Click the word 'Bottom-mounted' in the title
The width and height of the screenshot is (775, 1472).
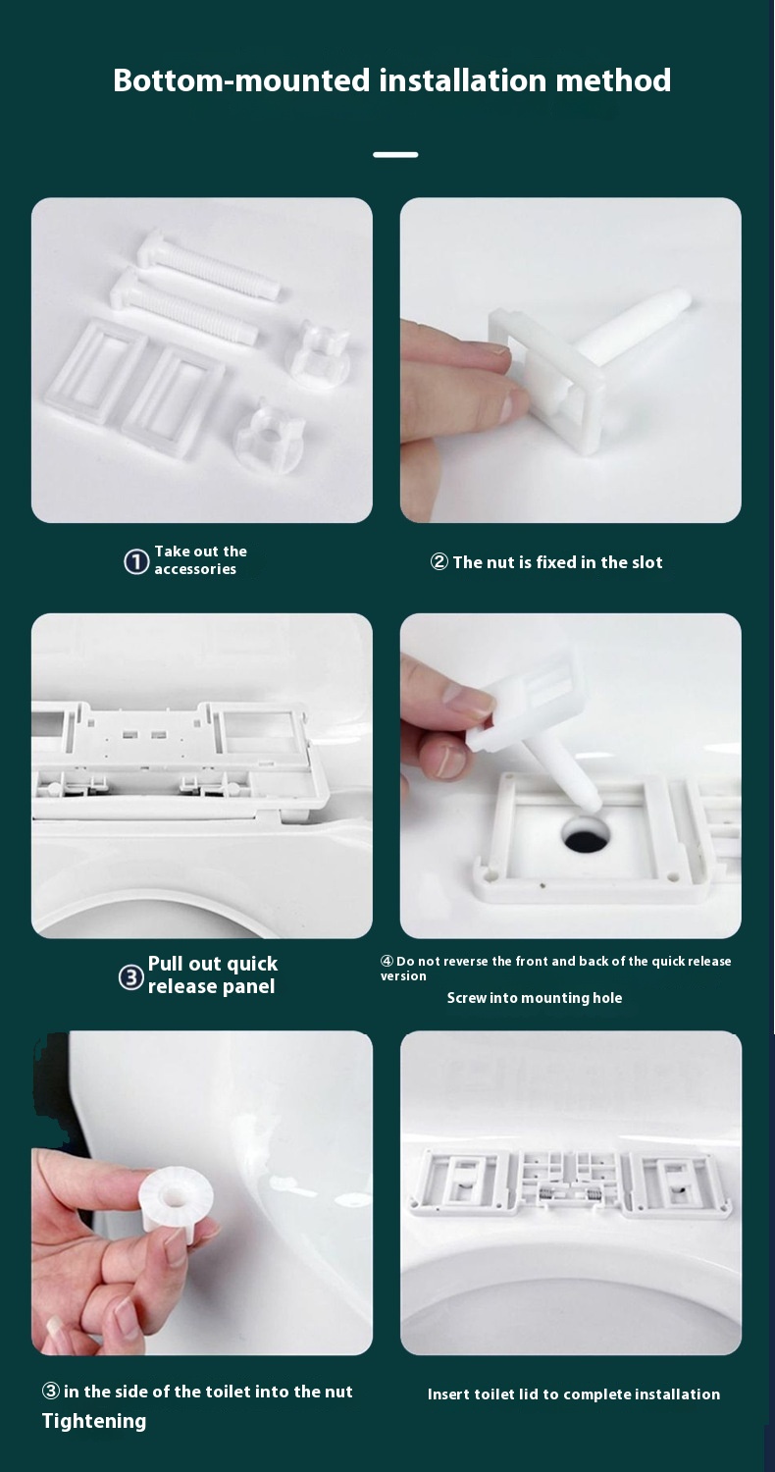coord(241,80)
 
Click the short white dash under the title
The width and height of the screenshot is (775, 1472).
coord(395,155)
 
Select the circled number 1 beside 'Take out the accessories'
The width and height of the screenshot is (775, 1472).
coord(136,562)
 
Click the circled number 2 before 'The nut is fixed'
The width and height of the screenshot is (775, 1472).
coord(439,562)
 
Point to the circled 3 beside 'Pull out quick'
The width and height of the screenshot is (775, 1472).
coord(131,977)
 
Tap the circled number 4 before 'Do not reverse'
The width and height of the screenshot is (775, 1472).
coord(387,961)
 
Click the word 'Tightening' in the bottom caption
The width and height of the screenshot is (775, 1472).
coord(94,1421)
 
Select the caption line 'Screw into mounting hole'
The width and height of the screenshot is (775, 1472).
coord(535,998)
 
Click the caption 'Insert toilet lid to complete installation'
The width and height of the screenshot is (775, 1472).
coord(573,1393)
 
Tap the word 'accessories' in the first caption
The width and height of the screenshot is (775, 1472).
coord(195,569)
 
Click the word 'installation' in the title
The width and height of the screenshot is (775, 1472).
coord(463,80)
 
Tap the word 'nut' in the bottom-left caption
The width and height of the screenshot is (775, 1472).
coord(338,1392)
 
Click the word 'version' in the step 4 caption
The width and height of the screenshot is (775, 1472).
coord(403,976)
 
